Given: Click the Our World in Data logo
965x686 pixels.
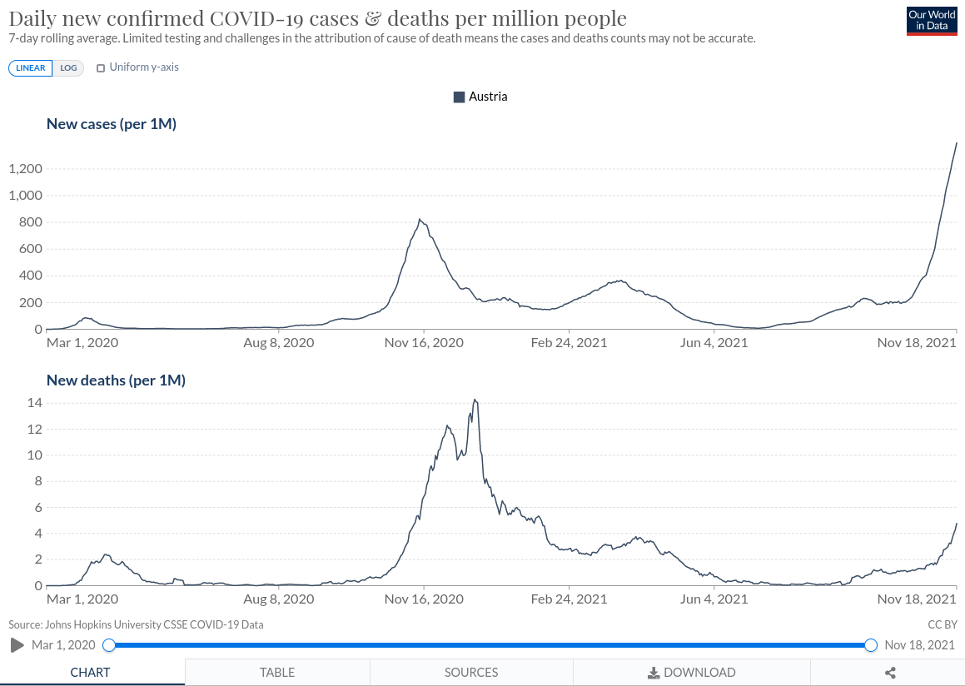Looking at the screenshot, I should click(x=932, y=21).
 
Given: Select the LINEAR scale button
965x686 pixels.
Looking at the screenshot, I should click(x=31, y=68).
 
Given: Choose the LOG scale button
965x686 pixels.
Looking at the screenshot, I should click(x=68, y=68).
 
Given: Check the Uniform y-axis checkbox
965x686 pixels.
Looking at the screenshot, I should click(x=101, y=68).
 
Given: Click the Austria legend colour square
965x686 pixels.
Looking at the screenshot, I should click(x=459, y=97).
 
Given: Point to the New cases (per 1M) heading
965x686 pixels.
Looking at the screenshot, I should click(x=112, y=124).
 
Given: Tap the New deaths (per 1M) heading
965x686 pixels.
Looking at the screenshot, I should click(x=116, y=380).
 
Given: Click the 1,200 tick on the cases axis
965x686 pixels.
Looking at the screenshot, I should click(x=25, y=169).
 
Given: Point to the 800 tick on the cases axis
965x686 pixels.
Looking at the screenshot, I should click(x=31, y=222).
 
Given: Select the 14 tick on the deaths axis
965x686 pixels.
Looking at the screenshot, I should click(x=35, y=403).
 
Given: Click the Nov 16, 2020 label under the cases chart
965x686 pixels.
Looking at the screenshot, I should click(x=424, y=342).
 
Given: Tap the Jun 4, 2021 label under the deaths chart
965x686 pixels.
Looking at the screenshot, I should click(x=714, y=599).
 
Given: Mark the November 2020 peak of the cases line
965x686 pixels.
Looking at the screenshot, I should click(x=420, y=220).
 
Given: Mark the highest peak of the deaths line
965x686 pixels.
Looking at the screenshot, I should click(x=475, y=400).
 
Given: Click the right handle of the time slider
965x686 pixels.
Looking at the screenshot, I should click(x=871, y=645).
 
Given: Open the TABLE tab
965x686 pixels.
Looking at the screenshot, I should click(x=277, y=673).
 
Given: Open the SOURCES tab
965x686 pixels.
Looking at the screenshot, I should click(x=471, y=673).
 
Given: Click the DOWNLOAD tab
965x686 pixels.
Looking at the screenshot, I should click(x=692, y=673).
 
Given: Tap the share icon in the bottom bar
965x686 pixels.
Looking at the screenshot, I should click(x=890, y=673).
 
